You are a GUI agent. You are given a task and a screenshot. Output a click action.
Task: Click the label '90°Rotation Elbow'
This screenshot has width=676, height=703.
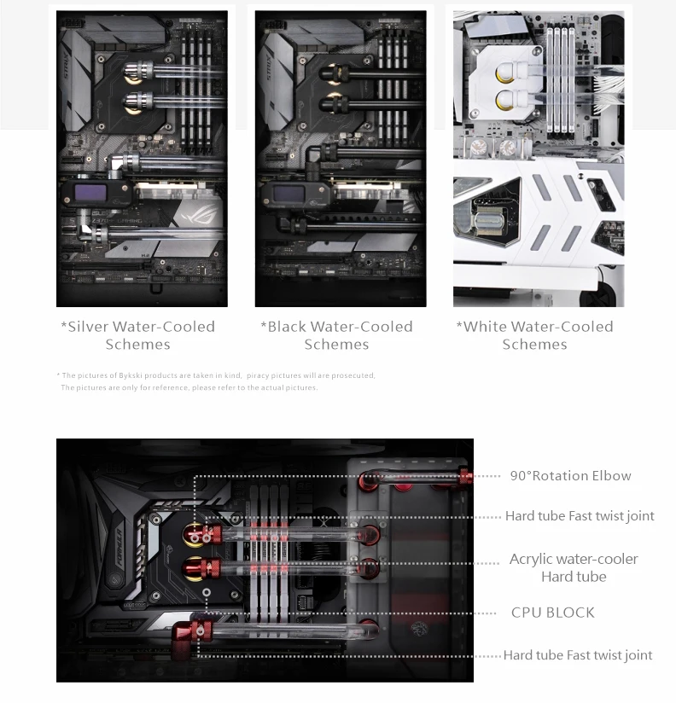pos(570,476)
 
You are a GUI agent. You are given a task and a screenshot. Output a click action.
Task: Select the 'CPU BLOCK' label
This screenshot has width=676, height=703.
pos(552,613)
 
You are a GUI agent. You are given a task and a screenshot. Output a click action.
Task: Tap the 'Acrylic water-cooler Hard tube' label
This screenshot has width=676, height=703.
pos(574,567)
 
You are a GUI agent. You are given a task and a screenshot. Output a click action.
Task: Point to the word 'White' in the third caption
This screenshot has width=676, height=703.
pos(485,327)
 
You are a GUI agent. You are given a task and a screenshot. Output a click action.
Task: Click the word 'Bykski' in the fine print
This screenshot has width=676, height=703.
pos(130,375)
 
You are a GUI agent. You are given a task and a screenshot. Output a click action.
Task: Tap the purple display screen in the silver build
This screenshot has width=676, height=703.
pos(90,193)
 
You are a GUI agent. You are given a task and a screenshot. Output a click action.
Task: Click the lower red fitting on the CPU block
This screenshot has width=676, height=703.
pos(208,568)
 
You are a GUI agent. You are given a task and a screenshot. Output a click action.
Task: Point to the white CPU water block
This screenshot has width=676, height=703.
pos(505,82)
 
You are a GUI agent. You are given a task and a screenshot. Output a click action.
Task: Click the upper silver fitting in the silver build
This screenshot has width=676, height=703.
pos(138,72)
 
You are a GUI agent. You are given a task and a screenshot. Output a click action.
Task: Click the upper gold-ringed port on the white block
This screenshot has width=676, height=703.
pos(505,73)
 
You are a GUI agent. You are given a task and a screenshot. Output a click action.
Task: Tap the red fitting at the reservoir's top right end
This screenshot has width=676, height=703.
pos(465,476)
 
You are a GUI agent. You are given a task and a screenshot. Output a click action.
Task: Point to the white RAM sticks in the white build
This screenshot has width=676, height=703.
pos(560,80)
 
